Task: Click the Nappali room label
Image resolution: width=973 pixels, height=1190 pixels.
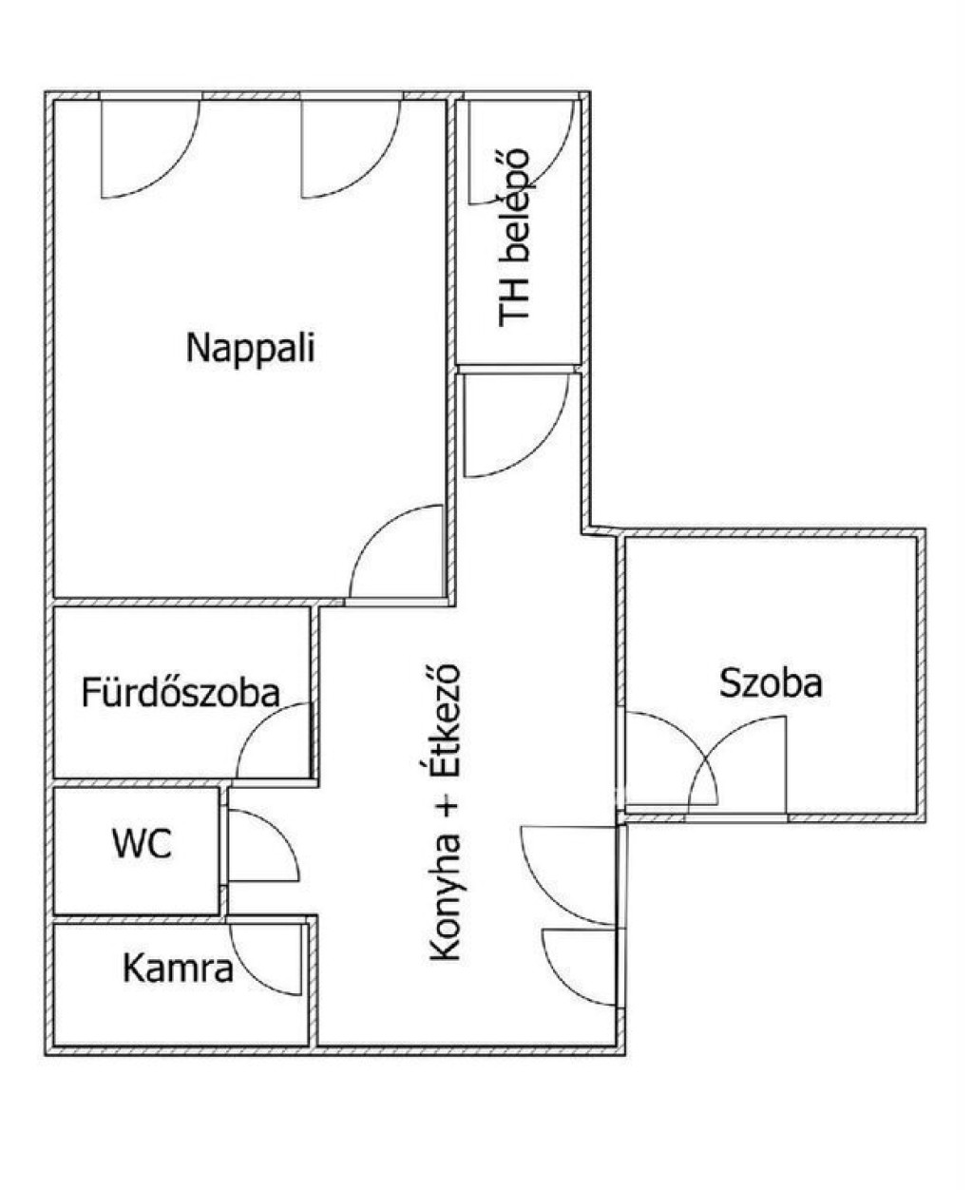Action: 251,350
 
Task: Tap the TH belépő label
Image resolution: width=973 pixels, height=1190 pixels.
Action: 514,238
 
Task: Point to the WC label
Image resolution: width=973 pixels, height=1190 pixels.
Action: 143,845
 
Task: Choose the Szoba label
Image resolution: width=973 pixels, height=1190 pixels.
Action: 771,682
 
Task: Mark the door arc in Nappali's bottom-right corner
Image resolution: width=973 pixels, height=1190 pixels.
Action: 374,530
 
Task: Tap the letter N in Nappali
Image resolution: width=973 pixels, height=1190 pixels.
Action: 197,348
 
